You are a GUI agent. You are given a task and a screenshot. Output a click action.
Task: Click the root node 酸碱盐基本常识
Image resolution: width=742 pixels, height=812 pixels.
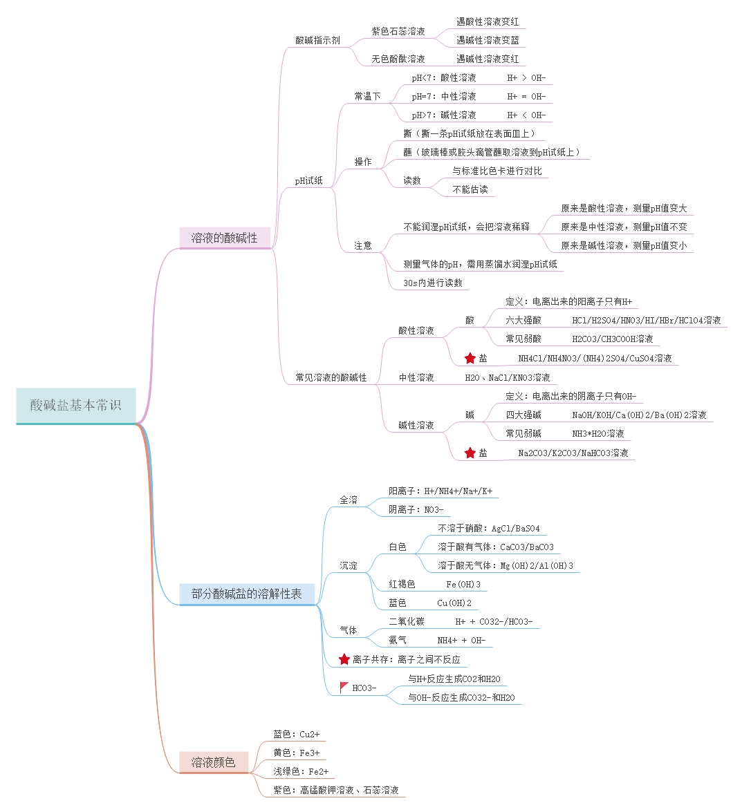(x=75, y=406)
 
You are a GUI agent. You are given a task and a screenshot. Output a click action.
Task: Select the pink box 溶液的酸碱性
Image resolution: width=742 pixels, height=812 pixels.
(x=224, y=238)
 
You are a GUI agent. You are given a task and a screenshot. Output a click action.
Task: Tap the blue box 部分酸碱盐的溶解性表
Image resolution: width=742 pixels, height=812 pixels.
(x=246, y=594)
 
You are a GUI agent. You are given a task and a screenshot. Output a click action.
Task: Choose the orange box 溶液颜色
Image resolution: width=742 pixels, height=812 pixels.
(x=213, y=762)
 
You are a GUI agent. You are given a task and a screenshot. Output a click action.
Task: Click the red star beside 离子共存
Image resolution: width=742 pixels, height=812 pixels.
(x=344, y=659)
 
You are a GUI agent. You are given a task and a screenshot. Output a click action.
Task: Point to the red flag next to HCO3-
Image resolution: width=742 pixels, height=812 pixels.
(x=344, y=688)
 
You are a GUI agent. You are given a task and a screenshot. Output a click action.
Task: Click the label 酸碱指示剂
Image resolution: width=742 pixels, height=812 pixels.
(x=317, y=40)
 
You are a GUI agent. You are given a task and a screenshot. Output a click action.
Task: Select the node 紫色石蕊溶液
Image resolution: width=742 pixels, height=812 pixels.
(x=398, y=31)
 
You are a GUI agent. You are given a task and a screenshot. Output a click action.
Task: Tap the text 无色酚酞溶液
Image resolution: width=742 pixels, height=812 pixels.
(x=398, y=59)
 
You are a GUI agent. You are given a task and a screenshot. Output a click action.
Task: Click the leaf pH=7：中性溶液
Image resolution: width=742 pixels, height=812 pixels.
(x=444, y=96)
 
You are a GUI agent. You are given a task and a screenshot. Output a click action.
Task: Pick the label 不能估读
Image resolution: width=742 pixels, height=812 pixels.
(x=470, y=189)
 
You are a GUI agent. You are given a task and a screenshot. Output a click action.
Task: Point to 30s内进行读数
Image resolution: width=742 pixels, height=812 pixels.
(x=433, y=283)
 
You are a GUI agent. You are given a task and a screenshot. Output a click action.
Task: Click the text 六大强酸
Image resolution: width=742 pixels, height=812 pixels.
(x=523, y=320)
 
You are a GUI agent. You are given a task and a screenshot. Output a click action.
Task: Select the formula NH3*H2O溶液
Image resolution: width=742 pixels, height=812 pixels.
(x=598, y=433)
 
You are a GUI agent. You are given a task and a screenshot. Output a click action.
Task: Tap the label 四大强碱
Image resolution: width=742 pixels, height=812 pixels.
(x=523, y=415)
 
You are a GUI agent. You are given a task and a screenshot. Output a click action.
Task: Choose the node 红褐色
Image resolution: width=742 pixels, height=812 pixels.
(x=402, y=584)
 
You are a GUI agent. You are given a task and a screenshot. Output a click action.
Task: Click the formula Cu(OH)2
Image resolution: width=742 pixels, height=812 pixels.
(x=454, y=603)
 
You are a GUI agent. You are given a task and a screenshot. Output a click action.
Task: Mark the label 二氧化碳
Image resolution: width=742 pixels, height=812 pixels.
(x=407, y=621)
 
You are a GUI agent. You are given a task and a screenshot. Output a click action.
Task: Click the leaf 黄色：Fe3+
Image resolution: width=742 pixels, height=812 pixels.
(x=296, y=753)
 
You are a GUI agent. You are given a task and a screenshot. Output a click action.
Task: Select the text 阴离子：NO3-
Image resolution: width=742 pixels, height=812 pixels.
(x=416, y=509)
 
